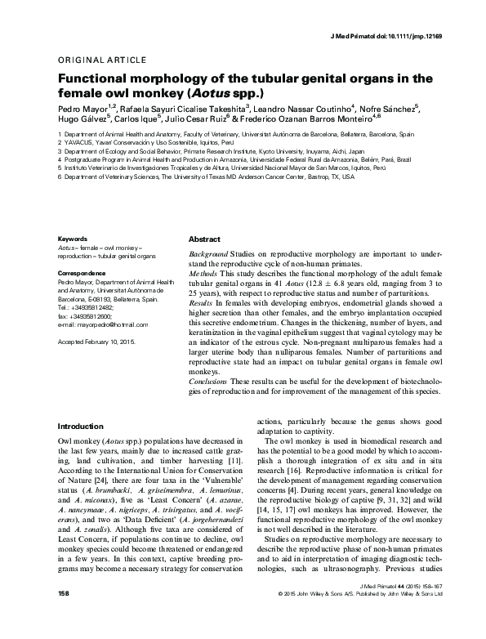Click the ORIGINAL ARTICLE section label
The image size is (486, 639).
102,60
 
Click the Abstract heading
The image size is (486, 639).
204,239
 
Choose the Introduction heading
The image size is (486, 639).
85,427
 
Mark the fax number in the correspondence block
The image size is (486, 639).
91,316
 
